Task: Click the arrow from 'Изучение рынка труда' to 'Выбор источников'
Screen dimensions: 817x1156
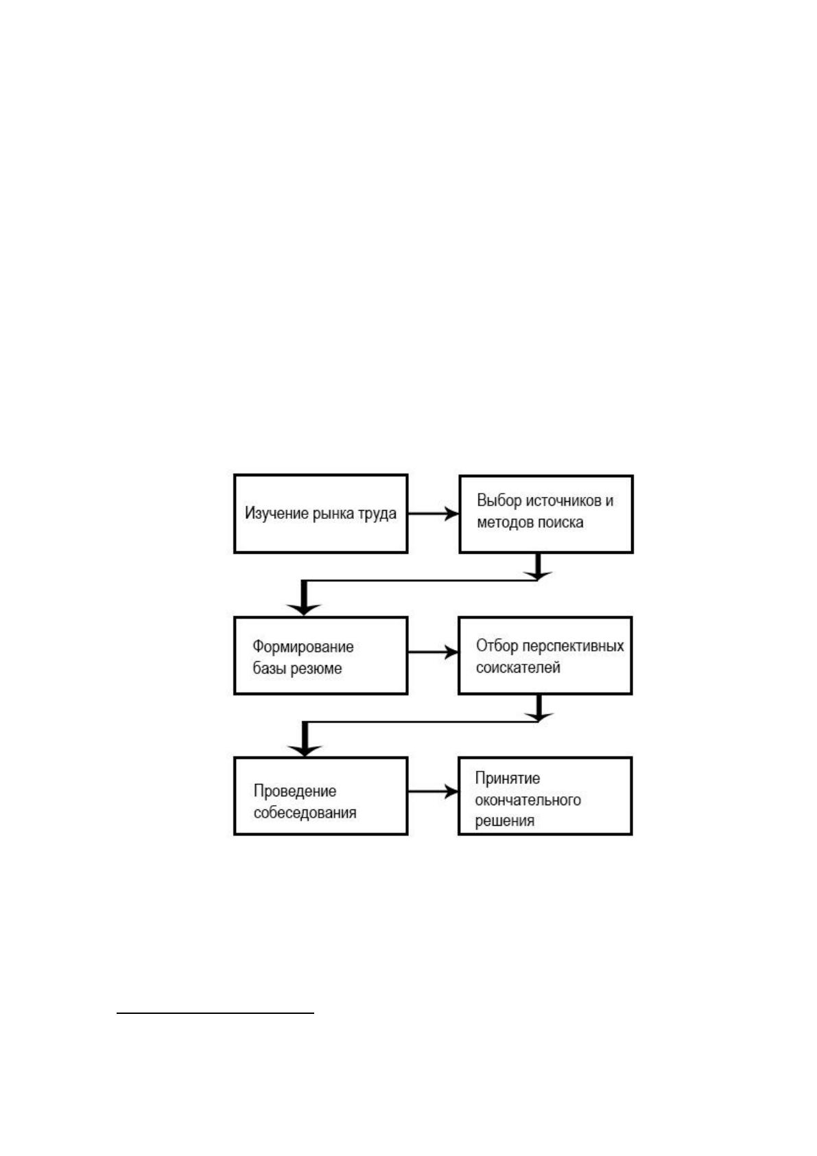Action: click(x=434, y=513)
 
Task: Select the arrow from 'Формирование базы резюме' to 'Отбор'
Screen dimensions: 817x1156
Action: click(x=433, y=652)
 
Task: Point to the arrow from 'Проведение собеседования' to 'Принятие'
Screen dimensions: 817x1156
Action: click(x=433, y=791)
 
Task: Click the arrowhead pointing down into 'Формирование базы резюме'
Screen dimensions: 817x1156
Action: click(x=304, y=609)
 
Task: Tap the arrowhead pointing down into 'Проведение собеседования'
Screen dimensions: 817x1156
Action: click(x=305, y=750)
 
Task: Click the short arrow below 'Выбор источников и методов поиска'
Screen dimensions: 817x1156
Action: click(x=538, y=566)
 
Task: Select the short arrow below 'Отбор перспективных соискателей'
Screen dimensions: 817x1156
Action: click(x=539, y=708)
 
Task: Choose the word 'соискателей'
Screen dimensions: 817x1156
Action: click(x=518, y=667)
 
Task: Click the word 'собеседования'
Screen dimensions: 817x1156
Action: click(x=305, y=812)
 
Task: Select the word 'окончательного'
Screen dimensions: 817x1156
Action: click(x=528, y=800)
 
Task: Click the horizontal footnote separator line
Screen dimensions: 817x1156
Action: click(x=215, y=1013)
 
